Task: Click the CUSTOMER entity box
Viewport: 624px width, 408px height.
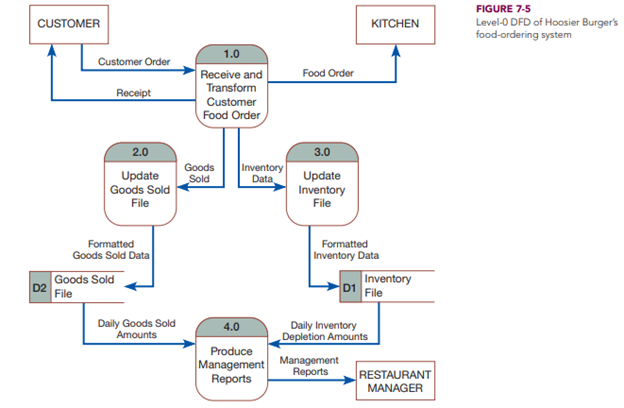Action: point(67,23)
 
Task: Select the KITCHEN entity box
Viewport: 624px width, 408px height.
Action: point(395,23)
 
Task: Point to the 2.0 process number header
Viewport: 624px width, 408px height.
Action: point(140,152)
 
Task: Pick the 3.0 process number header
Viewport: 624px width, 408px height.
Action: point(321,152)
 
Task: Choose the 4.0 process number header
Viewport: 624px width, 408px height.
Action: point(231,327)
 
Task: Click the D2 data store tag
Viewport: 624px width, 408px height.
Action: point(39,288)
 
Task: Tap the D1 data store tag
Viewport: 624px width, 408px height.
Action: point(349,287)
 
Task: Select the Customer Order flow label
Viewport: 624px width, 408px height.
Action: point(134,62)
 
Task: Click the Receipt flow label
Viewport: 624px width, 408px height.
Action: point(134,94)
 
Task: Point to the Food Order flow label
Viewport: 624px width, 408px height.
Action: point(328,73)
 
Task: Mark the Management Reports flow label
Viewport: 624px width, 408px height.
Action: point(310,365)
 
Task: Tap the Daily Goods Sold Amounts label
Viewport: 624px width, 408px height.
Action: point(136,329)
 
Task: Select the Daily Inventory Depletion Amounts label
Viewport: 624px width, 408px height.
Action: point(328,330)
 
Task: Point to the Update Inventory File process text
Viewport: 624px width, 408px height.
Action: point(321,190)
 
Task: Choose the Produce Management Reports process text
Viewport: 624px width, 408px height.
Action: point(231,365)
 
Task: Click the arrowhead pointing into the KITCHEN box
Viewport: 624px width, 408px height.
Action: point(395,48)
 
